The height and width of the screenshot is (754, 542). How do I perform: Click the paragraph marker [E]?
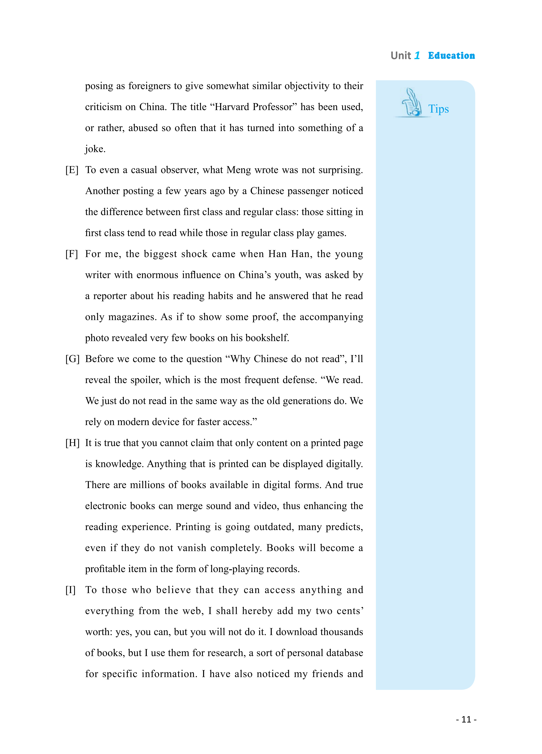pos(72,170)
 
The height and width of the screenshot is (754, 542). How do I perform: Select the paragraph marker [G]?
pos(72,359)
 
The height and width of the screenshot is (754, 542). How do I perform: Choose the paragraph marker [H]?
pos(72,443)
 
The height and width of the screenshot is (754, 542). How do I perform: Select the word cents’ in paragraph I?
pos(348,611)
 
